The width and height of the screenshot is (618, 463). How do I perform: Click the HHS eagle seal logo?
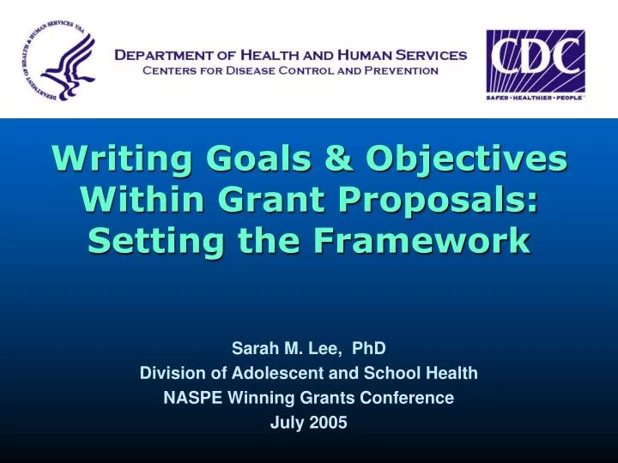coord(57,60)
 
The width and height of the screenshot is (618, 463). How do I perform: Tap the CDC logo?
coord(536,64)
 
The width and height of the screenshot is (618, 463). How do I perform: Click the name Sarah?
coord(251,348)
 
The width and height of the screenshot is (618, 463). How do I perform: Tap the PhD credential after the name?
coord(370,348)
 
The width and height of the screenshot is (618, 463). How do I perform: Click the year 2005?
coord(330,423)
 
